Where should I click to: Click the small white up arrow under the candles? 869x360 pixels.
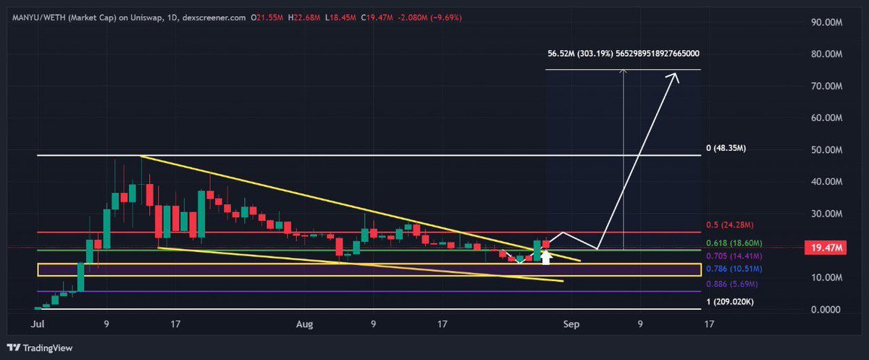click(547, 257)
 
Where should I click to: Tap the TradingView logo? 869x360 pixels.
click(41, 346)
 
